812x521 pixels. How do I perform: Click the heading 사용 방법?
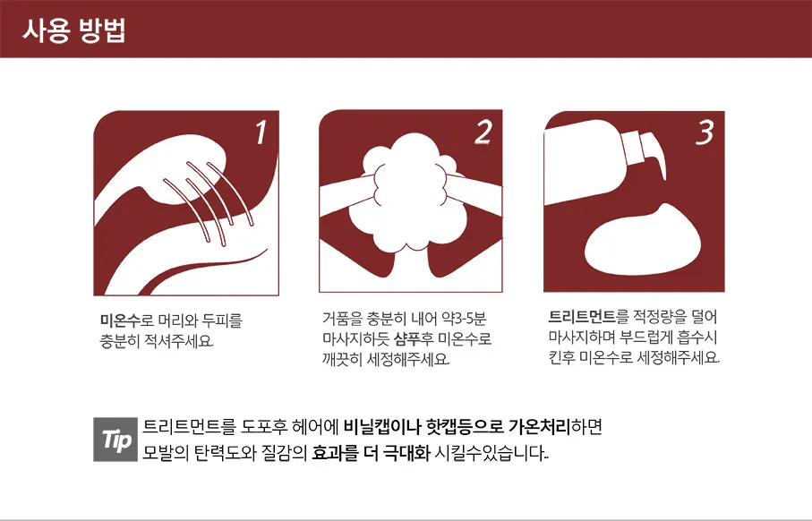pyautogui.click(x=74, y=30)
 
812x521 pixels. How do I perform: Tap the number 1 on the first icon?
pyautogui.click(x=261, y=132)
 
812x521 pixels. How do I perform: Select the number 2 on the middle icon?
pyautogui.click(x=483, y=132)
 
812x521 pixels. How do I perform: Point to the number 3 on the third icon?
pyautogui.click(x=705, y=132)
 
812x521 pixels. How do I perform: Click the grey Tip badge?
pyautogui.click(x=115, y=440)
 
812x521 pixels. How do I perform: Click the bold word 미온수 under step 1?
pyautogui.click(x=120, y=320)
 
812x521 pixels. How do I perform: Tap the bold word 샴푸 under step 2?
pyautogui.click(x=407, y=338)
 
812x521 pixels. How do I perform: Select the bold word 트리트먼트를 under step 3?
pyautogui.click(x=588, y=316)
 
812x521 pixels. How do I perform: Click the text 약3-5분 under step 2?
pyautogui.click(x=464, y=318)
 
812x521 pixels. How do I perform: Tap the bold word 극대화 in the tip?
pyautogui.click(x=406, y=453)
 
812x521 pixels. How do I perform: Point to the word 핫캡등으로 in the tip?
pyautogui.click(x=464, y=427)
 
